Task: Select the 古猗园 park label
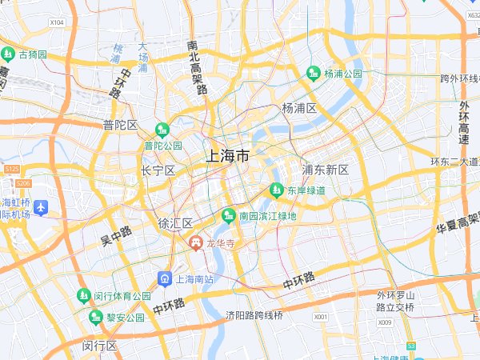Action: coord(33,54)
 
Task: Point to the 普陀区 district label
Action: coord(120,125)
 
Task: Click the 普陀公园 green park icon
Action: coord(162,129)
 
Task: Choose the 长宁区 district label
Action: coord(158,170)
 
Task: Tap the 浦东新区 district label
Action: coord(326,170)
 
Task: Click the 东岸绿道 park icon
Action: coord(276,190)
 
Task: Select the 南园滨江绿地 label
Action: coord(268,216)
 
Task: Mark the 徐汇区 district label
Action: coord(175,222)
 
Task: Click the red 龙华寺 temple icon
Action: coord(195,241)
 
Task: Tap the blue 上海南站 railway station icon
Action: coord(164,278)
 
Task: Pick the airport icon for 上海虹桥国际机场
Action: coord(42,208)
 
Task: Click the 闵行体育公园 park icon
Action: coord(84,296)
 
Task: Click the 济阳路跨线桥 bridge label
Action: coord(254,315)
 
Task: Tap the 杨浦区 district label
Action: coord(299,108)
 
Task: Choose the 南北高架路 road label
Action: coord(195,68)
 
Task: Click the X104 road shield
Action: coord(57,22)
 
